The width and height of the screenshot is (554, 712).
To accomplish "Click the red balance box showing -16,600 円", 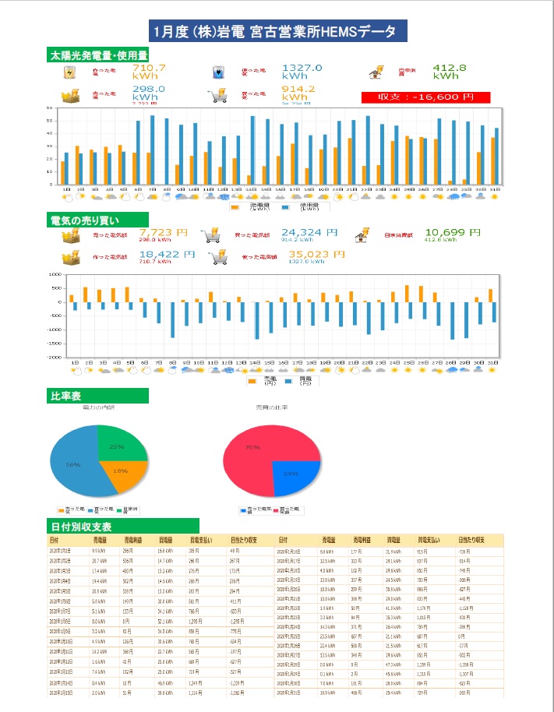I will point(425,97).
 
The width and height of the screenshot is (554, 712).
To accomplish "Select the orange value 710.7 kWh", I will point(149,72).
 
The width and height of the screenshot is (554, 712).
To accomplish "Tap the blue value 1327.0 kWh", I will point(302,72).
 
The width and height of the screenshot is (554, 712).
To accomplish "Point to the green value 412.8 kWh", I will point(449,72).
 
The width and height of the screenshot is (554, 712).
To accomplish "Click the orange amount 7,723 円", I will point(164,232).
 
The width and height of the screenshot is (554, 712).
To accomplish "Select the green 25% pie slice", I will point(118,446).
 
